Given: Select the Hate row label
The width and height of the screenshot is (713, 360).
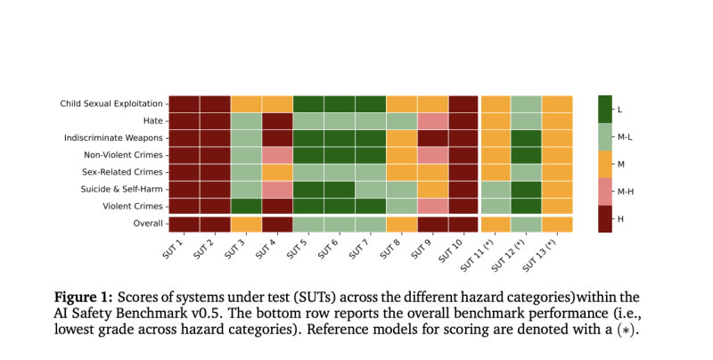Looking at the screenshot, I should [x=151, y=120].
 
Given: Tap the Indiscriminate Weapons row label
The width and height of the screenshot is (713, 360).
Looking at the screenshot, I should [x=113, y=137].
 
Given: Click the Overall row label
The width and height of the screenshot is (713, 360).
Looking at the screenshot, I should [x=147, y=224].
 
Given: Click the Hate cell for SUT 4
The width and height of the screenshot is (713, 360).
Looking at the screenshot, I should [x=277, y=120].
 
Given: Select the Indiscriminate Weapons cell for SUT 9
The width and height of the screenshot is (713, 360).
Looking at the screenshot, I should [x=432, y=137].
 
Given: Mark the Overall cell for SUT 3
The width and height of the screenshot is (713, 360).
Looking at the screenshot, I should [x=246, y=224].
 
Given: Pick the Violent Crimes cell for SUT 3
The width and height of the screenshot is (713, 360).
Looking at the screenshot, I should [x=246, y=206].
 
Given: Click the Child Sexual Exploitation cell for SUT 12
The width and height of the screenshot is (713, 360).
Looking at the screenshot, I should [x=526, y=103].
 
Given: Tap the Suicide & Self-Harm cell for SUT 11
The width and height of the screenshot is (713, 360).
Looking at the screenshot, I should [x=495, y=189].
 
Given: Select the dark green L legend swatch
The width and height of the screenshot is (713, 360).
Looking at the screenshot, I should [x=604, y=109].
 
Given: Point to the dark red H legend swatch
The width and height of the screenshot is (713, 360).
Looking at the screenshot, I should [x=604, y=218].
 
